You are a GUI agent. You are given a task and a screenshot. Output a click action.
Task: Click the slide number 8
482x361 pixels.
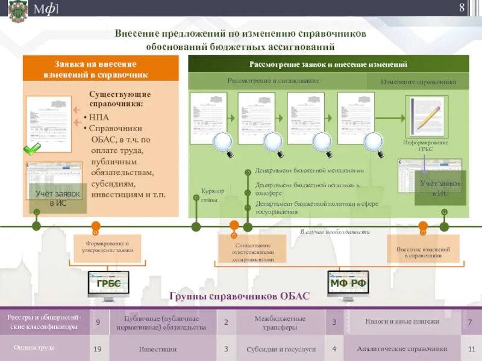[462, 8]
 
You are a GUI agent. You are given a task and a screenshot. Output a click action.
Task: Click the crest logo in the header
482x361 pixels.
[17, 10]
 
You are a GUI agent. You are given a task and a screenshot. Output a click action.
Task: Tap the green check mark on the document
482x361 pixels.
[32, 148]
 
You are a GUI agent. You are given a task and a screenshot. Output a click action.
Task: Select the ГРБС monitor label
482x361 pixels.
[108, 283]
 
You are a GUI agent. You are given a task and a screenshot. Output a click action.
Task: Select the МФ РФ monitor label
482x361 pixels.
[348, 283]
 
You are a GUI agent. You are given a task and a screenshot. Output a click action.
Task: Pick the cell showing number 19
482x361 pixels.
[98, 348]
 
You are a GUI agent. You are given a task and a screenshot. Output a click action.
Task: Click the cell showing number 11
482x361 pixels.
[471, 348]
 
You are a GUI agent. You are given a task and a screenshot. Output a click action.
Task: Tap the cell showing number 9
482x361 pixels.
[98, 322]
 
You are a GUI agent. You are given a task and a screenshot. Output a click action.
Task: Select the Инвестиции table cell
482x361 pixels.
[158, 348]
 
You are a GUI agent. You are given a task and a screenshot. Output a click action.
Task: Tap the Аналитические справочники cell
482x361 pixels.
[402, 348]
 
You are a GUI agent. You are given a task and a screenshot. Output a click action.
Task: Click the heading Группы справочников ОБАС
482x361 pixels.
[239, 297]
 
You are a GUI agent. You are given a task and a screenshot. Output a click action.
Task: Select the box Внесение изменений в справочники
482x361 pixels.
[423, 252]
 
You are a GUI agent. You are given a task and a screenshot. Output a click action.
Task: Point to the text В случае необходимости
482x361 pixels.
[334, 232]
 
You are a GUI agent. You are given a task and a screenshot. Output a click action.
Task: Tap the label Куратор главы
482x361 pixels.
[212, 195]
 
